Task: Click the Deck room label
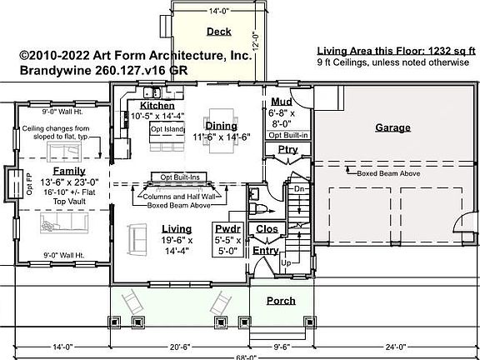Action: pyautogui.click(x=218, y=32)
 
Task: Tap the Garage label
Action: pyautogui.click(x=392, y=127)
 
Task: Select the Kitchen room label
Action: pyautogui.click(x=157, y=106)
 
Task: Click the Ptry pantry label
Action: pyautogui.click(x=287, y=149)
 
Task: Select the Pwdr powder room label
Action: pyautogui.click(x=227, y=227)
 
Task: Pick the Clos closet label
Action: pyautogui.click(x=267, y=227)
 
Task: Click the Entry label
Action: pyautogui.click(x=266, y=250)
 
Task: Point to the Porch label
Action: pyautogui.click(x=281, y=301)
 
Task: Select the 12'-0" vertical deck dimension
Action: pyautogui.click(x=258, y=40)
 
